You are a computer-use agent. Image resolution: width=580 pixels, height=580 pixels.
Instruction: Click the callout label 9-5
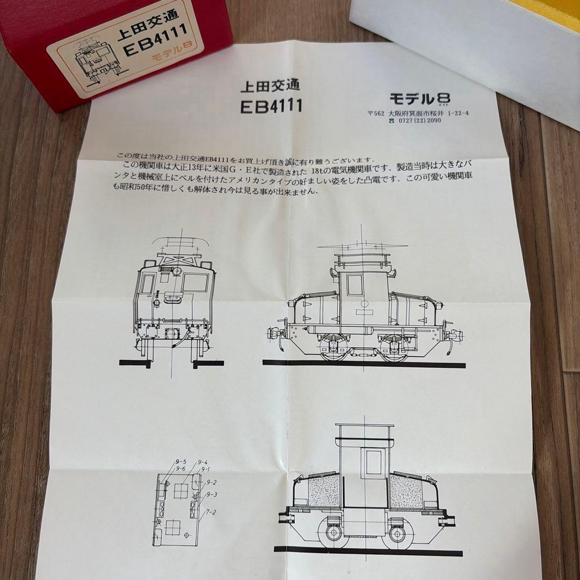point(180,462)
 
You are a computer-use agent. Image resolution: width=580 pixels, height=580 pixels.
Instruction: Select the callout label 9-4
point(202,462)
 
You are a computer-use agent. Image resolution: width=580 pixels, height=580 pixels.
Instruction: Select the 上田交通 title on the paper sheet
point(270,85)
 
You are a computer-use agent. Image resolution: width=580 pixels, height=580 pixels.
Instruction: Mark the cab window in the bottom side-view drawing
point(374,462)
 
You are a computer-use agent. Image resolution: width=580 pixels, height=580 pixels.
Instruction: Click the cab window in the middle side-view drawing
point(354,285)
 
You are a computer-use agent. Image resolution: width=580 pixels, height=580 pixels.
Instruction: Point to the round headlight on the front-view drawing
point(156,303)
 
